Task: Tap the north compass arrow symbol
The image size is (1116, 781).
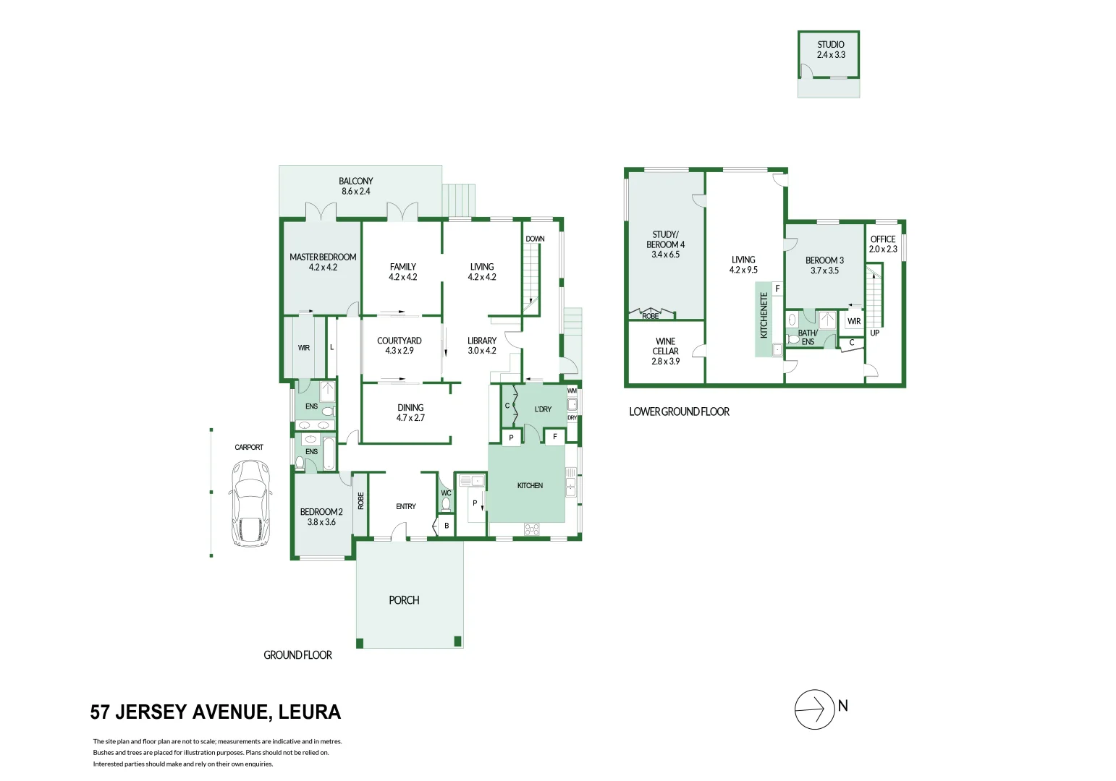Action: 815,709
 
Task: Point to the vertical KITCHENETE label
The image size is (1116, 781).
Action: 764,315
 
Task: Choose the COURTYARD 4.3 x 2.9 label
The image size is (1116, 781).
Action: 400,346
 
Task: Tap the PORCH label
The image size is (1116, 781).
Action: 404,600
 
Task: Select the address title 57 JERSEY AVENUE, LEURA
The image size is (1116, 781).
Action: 216,712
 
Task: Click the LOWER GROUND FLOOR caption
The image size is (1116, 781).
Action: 679,411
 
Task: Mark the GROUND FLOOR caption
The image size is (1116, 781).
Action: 297,655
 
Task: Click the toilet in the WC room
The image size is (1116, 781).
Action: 446,504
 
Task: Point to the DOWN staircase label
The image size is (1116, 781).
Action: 535,239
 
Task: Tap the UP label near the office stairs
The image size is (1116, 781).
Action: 874,333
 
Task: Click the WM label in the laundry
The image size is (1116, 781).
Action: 572,391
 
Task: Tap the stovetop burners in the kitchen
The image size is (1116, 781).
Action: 532,529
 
